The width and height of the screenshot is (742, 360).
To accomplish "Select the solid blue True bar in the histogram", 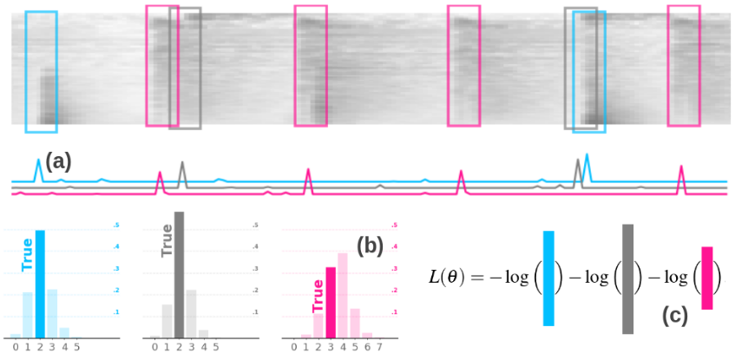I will coord(40,284).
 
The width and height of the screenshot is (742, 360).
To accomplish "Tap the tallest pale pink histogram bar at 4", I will coord(342,295).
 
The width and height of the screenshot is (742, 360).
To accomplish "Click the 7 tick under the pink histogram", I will coord(379,347).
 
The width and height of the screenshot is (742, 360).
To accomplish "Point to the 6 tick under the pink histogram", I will coord(367,347).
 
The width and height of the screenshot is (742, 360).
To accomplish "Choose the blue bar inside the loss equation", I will coord(548,278).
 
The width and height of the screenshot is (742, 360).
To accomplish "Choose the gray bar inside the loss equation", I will coord(627,278).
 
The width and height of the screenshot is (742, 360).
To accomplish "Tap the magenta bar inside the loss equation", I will coord(706,278).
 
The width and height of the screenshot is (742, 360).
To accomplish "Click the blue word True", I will coord(27,253).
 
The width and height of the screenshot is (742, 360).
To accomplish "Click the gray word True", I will coord(167,239).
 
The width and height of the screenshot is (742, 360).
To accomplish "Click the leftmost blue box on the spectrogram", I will coord(41,72).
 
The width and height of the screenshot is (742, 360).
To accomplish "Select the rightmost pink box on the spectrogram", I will coord(683,65).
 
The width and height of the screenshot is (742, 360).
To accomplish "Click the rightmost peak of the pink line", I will coord(682,167).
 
